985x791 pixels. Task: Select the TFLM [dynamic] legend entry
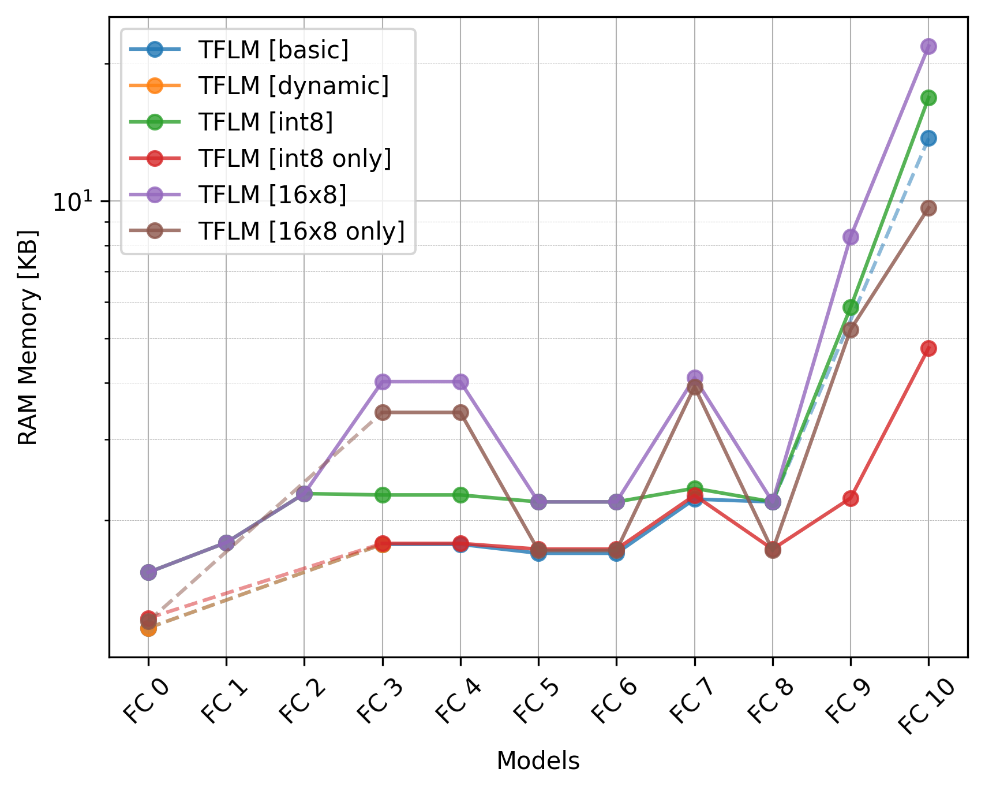pos(293,86)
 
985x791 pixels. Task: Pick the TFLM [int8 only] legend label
pos(294,158)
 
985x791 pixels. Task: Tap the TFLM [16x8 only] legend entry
pos(301,231)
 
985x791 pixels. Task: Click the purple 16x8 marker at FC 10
pos(928,47)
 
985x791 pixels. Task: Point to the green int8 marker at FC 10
pos(928,98)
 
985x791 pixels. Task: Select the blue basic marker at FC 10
pos(928,138)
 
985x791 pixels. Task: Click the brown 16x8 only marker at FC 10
pos(928,208)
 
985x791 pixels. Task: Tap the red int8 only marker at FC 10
pos(928,348)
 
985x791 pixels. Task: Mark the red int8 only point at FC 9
pos(851,498)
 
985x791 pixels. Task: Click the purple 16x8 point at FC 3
pos(383,382)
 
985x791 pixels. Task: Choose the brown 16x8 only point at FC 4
pos(460,412)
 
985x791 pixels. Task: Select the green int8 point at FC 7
pos(695,488)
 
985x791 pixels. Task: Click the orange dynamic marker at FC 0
pos(148,628)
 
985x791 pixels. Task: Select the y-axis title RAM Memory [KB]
pos(28,337)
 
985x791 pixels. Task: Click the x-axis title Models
pos(538,761)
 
